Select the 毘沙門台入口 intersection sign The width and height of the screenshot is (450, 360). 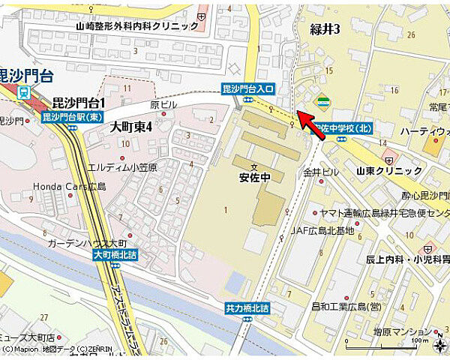tap(248, 89)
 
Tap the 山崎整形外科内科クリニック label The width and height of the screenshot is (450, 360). tap(138, 25)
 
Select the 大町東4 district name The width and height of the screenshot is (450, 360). tap(130, 127)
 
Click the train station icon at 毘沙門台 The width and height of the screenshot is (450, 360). tap(24, 92)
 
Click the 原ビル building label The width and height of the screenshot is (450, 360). tap(163, 105)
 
